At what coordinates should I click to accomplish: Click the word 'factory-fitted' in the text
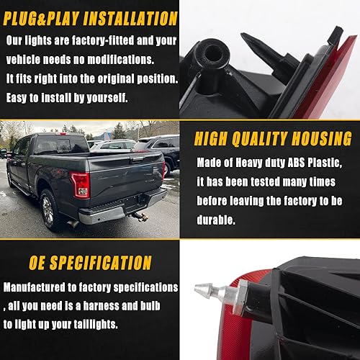point(107,41)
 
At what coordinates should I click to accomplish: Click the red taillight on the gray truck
point(81,185)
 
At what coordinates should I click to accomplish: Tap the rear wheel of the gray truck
point(48,208)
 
